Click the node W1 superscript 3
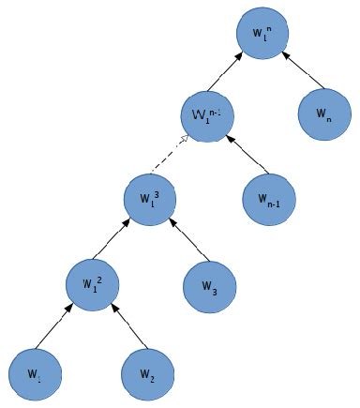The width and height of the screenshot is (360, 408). (150, 198)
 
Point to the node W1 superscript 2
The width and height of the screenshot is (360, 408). (92, 280)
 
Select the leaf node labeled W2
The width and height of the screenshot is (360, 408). (148, 372)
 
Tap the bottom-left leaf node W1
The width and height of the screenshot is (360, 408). (34, 372)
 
